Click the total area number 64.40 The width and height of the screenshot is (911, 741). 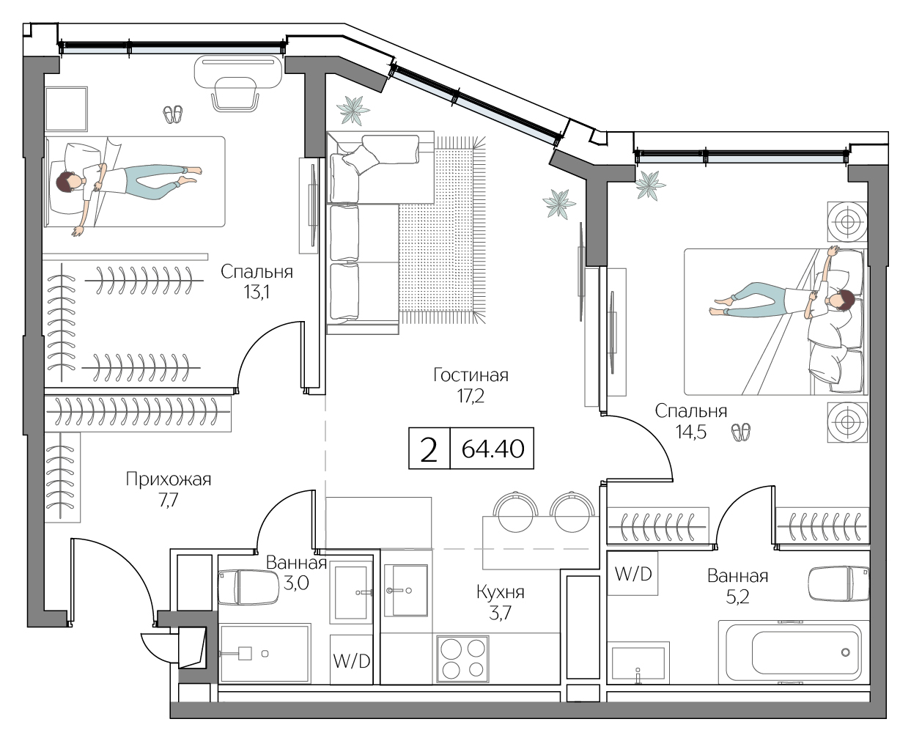[x=493, y=448]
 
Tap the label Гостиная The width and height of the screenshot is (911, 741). [x=471, y=375]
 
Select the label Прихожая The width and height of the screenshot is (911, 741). [x=168, y=480]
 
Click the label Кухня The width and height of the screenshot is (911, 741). [x=500, y=591]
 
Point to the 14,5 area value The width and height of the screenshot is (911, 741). [x=690, y=432]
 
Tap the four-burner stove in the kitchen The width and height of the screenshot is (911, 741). [x=462, y=659]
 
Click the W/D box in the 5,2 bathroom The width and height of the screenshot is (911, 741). [x=633, y=573]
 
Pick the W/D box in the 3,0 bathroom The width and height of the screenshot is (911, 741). [x=351, y=660]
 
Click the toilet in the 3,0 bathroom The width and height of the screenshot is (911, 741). [x=238, y=587]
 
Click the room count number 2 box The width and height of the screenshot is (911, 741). [x=429, y=448]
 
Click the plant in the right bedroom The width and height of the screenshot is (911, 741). [x=650, y=185]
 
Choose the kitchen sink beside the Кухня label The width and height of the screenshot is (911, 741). [x=405, y=590]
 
